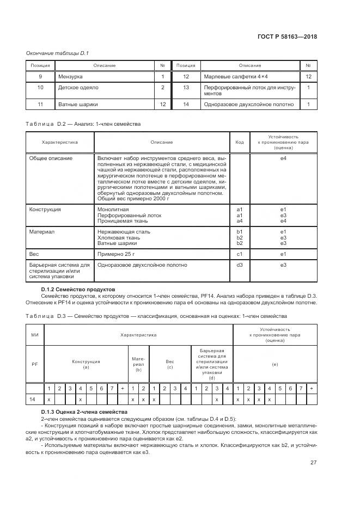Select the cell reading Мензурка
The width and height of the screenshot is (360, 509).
pyautogui.click(x=71, y=77)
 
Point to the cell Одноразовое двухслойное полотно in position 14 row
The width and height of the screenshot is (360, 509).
pyautogui.click(x=248, y=104)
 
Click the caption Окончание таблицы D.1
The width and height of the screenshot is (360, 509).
pyautogui.click(x=54, y=53)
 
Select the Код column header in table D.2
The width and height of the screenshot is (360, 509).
pyautogui.click(x=239, y=143)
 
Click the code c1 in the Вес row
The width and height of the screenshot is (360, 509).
pyautogui.click(x=239, y=254)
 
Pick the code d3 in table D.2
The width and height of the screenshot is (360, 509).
pyautogui.click(x=239, y=265)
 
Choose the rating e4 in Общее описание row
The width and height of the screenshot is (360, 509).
pyautogui.click(x=283, y=158)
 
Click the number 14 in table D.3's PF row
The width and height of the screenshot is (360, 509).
pyautogui.click(x=33, y=400)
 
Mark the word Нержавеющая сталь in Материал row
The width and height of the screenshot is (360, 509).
pyautogui.click(x=124, y=232)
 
